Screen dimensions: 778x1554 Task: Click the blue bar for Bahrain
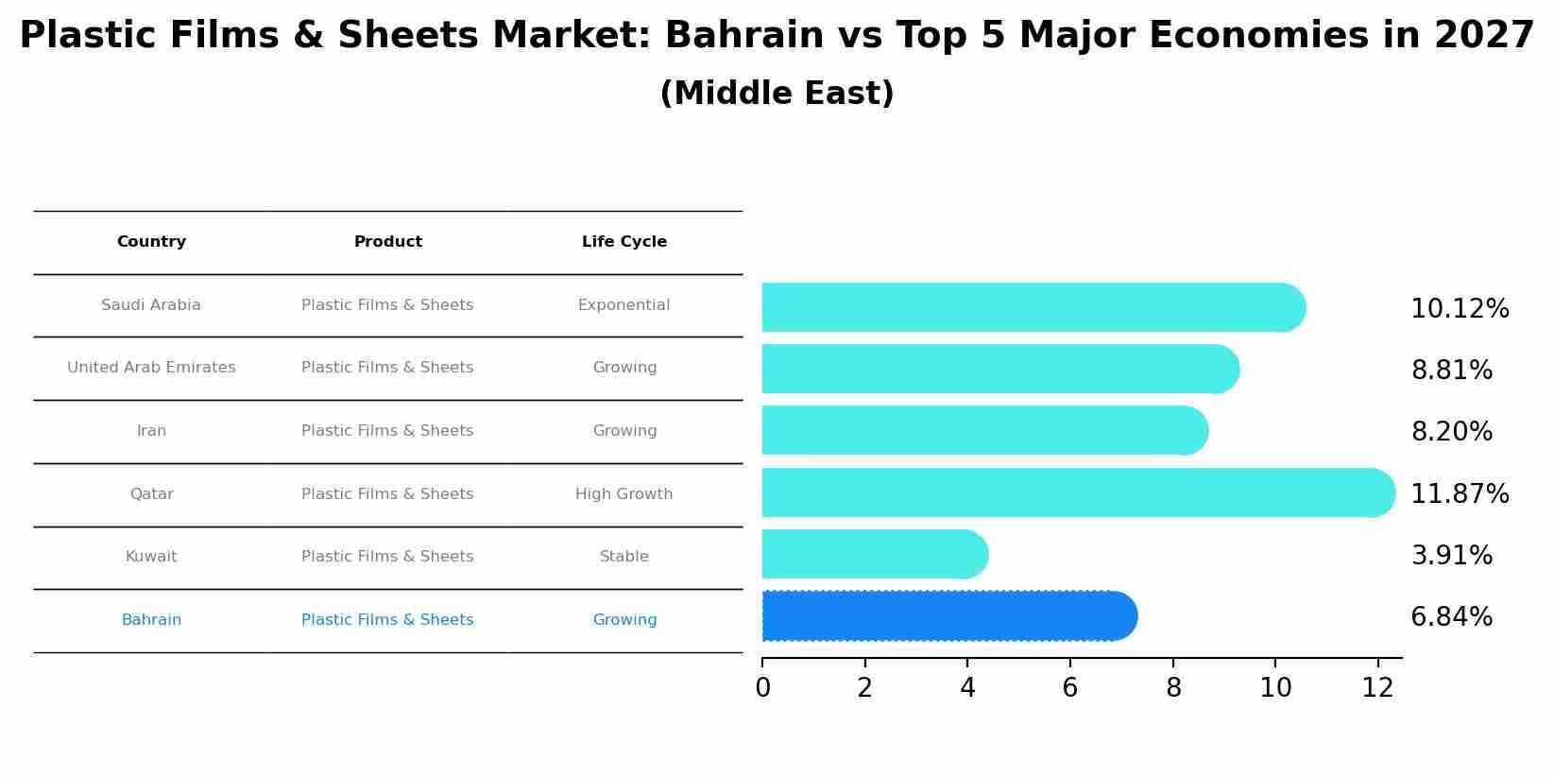pos(949,616)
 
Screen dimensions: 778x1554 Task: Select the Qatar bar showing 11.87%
pos(1077,493)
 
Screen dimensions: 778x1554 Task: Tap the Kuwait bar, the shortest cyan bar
pos(874,554)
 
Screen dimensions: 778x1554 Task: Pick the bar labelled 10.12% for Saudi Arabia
pos(1033,307)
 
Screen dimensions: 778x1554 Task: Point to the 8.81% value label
pos(1451,371)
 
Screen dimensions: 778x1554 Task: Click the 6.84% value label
pos(1451,617)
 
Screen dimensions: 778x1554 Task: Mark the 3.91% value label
pos(1451,556)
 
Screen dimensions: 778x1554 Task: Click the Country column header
pos(151,242)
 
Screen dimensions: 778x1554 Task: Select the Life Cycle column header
pos(623,242)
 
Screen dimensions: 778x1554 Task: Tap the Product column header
pos(387,242)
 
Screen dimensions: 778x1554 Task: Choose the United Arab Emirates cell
pos(151,368)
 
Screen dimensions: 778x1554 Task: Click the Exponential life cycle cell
pos(623,305)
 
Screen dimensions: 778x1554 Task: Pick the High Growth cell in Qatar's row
pos(623,494)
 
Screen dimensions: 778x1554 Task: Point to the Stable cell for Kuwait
pos(623,557)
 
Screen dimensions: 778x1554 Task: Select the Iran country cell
pos(151,431)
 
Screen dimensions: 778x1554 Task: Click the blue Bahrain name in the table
pos(151,620)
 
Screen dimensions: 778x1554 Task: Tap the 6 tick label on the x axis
pos(1069,688)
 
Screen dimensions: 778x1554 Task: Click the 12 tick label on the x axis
pos(1377,688)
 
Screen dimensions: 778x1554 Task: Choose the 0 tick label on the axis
pos(762,688)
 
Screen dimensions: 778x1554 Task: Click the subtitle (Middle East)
pos(777,94)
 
